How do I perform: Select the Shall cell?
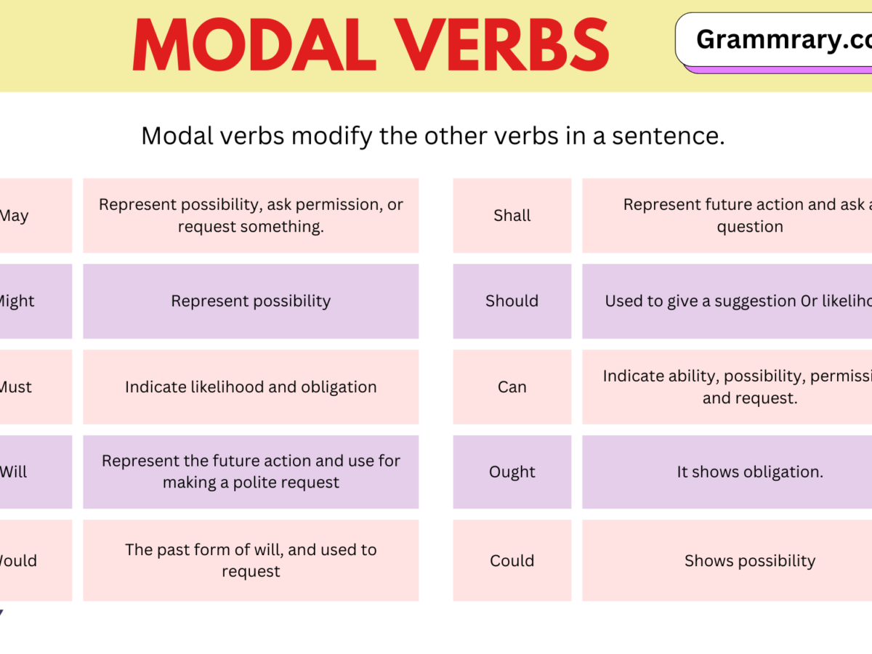[x=512, y=216]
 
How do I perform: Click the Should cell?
[x=512, y=301]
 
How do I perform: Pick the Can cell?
[x=512, y=387]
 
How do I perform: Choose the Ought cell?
[x=512, y=472]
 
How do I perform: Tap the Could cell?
[x=512, y=560]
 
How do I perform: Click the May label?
[x=15, y=216]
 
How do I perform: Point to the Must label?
[x=16, y=387]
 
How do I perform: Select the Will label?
[x=14, y=472]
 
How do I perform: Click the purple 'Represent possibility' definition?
[x=251, y=301]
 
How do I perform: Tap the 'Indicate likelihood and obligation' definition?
[x=251, y=387]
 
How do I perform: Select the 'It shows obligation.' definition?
[x=750, y=472]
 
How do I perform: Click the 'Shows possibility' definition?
[x=750, y=560]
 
